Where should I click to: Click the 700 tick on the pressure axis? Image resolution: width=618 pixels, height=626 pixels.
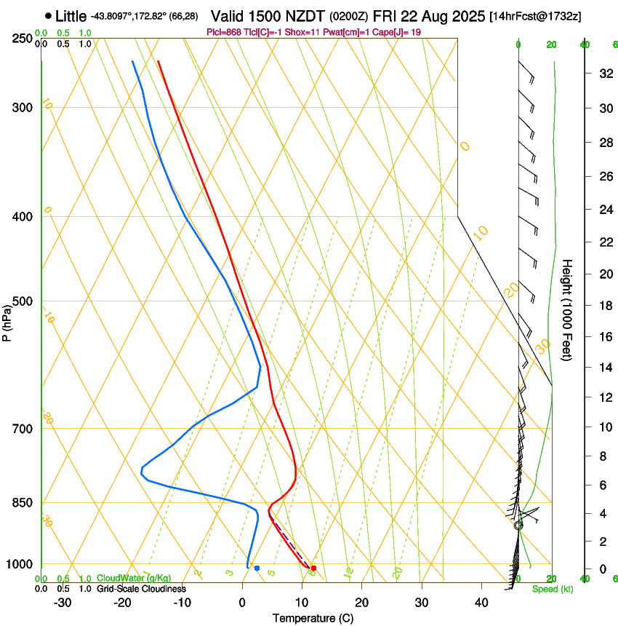pos(23,428)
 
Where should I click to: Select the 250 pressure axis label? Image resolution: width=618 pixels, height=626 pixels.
pos(23,38)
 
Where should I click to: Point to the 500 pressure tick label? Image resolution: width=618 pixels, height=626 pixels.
pos(23,301)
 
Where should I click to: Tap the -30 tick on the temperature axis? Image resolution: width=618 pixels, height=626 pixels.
pos(63,602)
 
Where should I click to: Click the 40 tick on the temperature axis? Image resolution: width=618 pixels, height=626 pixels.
pos(481,602)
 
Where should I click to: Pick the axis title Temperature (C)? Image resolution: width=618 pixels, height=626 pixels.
pos(313,618)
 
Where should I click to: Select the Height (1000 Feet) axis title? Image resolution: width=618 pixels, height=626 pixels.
pos(567,309)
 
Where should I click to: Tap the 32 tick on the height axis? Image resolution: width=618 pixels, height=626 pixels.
pos(604,73)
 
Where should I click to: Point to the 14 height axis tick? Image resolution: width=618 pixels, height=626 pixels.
pos(604,367)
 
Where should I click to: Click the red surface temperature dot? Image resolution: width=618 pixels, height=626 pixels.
pos(313,568)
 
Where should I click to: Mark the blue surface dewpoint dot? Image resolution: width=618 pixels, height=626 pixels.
pos(257,568)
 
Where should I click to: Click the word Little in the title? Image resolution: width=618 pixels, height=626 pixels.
pos(71,16)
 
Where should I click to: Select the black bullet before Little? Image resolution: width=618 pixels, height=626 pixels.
pos(48,15)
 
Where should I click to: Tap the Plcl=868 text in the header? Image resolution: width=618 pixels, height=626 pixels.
pos(225,32)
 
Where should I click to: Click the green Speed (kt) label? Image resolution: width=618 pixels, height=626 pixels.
pos(553,588)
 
